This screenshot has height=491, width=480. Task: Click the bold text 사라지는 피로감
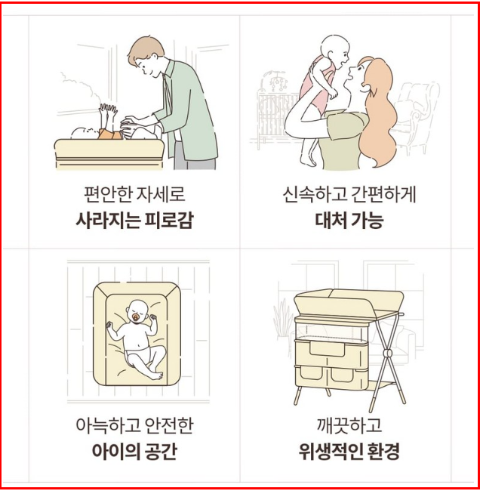click(134, 221)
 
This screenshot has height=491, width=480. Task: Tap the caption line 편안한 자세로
click(134, 194)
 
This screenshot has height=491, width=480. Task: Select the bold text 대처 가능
click(349, 221)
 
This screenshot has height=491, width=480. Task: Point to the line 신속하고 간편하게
click(349, 194)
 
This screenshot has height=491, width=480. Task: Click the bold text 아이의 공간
click(134, 451)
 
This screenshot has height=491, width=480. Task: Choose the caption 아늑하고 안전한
click(134, 425)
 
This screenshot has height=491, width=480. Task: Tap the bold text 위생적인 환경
click(349, 451)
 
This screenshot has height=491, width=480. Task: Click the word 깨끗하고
click(349, 425)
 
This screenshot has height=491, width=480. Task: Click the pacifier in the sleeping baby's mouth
click(136, 318)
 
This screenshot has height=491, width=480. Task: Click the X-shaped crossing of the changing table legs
click(388, 354)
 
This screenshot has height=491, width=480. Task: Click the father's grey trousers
click(194, 156)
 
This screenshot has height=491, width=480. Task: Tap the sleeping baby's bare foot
click(156, 375)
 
